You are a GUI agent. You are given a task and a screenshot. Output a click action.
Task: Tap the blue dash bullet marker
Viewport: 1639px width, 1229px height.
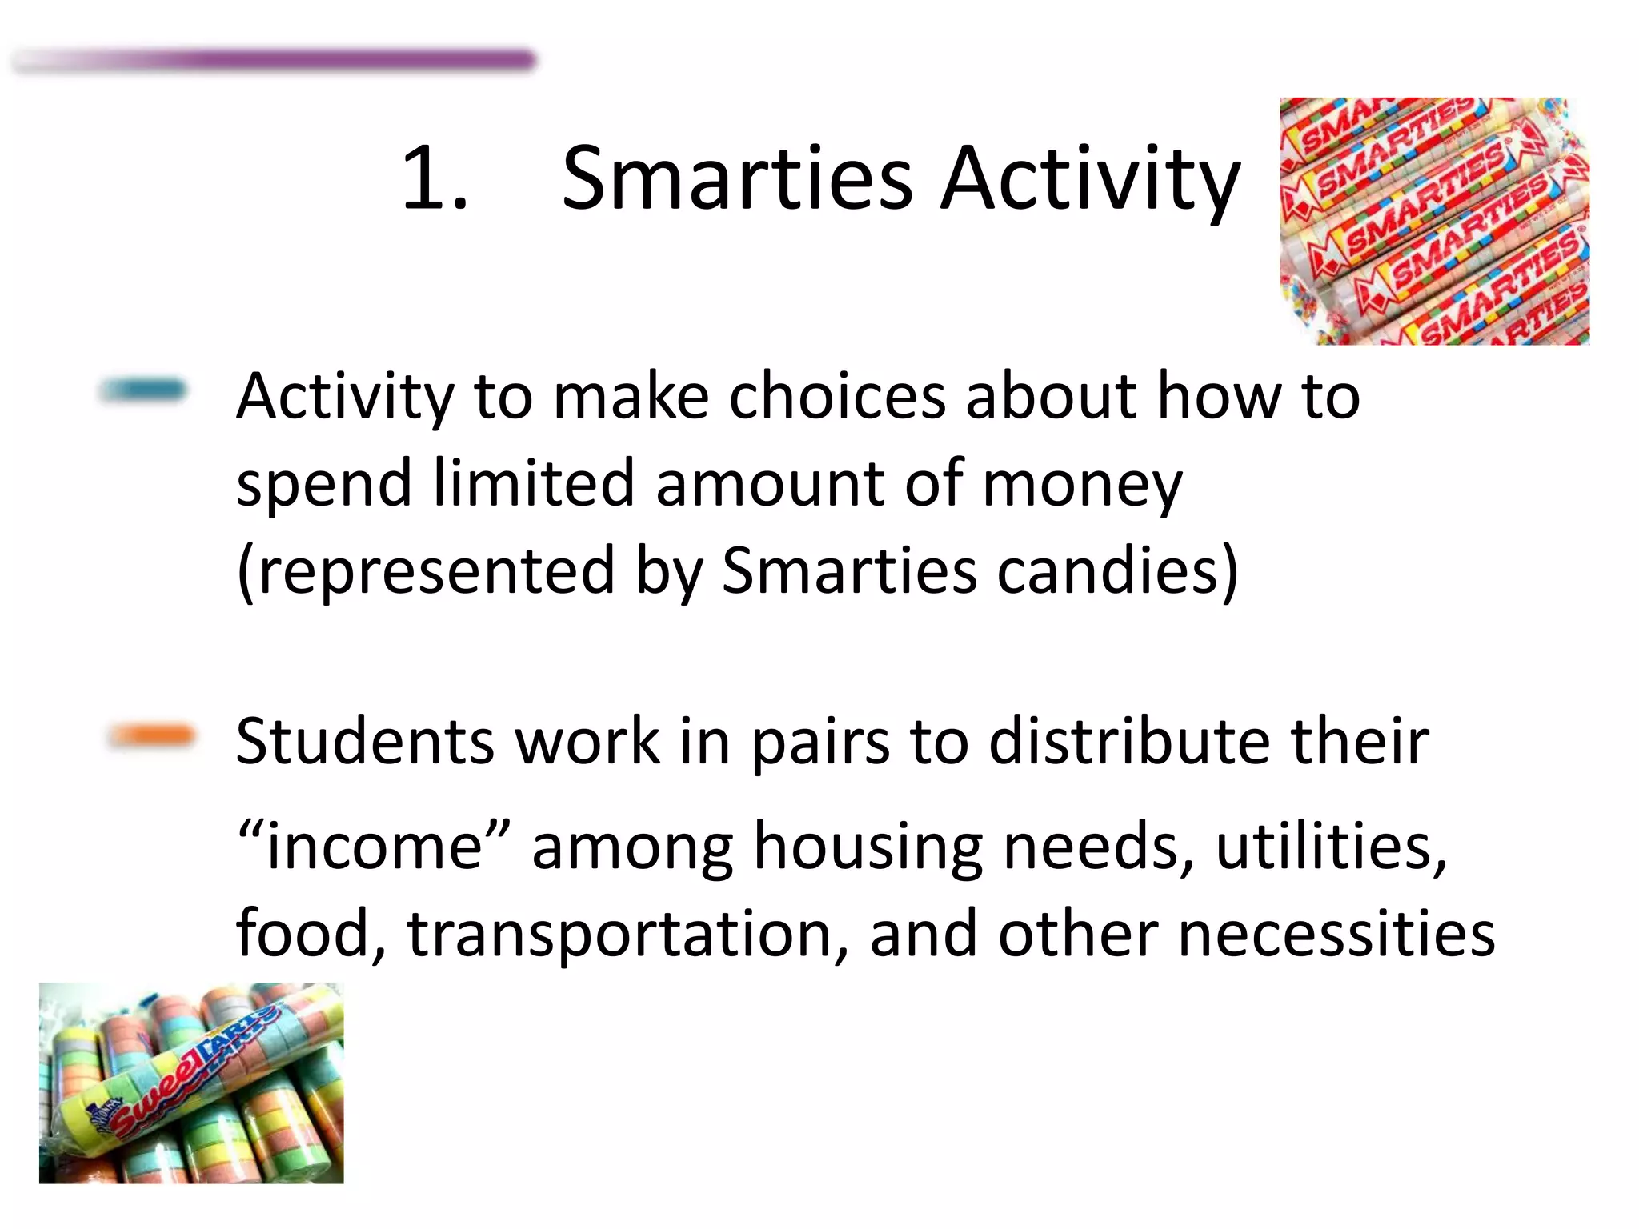pos(142,390)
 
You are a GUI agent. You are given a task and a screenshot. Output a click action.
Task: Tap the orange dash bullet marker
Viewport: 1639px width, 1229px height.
pos(151,735)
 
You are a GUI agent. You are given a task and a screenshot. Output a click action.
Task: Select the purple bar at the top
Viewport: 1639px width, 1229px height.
pos(320,60)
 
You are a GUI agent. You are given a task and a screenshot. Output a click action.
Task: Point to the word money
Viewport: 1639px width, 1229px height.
pos(1082,484)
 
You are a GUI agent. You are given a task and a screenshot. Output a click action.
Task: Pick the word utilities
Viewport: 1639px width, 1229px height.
pos(1331,847)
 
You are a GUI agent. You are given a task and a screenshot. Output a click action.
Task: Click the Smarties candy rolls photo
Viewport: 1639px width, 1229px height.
pos(1434,222)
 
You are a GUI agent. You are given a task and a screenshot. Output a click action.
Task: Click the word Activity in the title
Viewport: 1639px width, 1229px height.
pos(1090,179)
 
